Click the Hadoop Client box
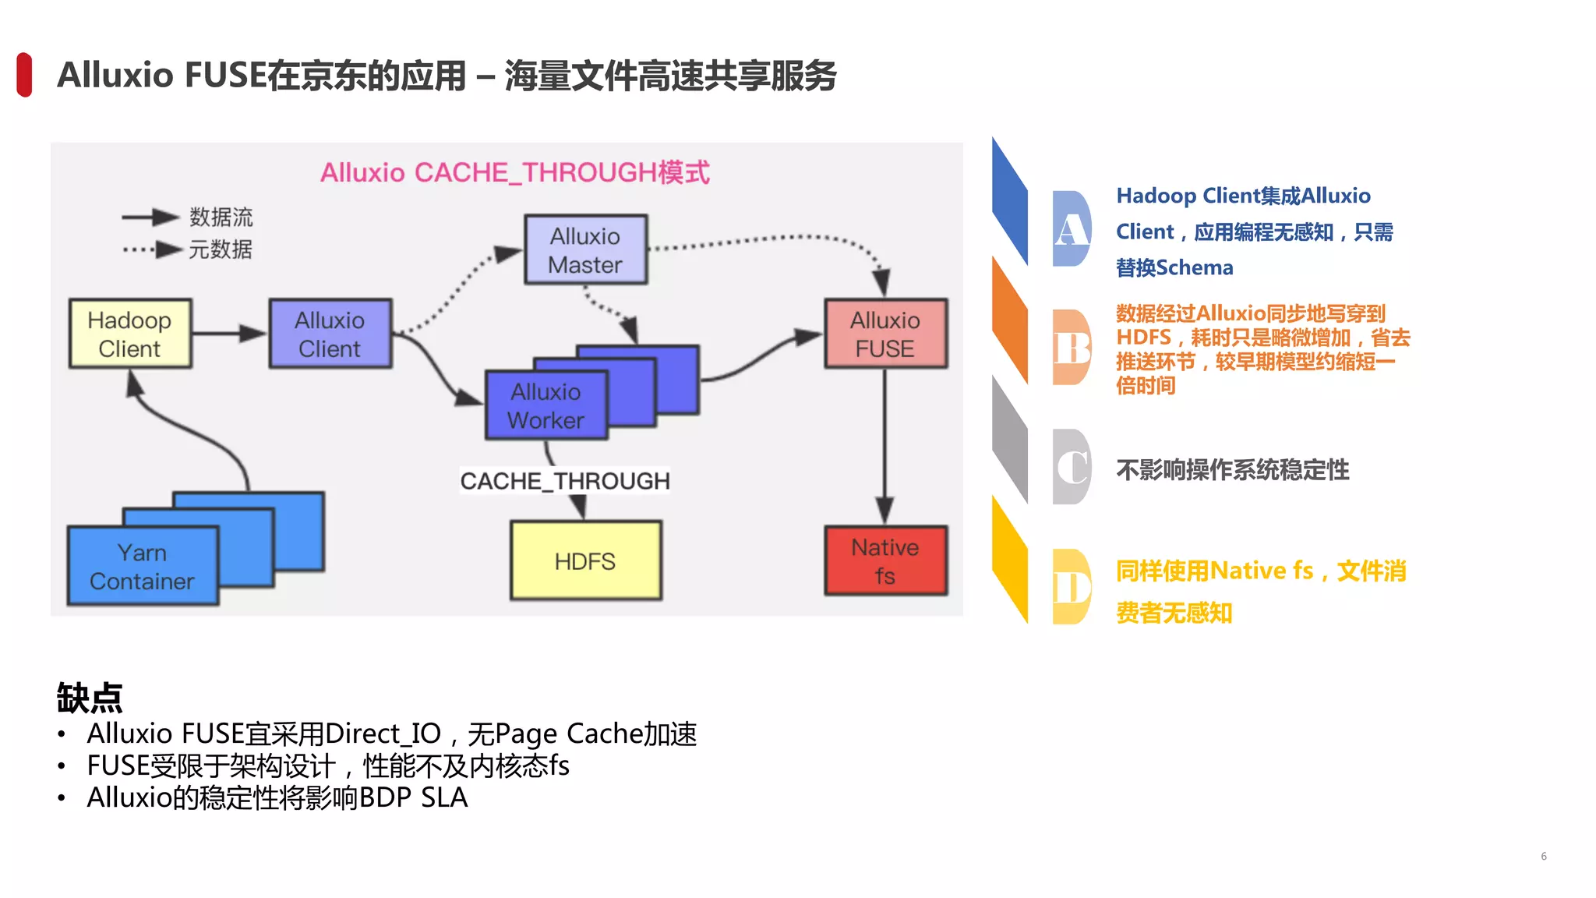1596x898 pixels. (x=130, y=334)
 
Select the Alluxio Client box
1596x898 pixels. (x=330, y=334)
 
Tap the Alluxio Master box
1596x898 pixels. (x=585, y=249)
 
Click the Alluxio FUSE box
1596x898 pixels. (x=885, y=334)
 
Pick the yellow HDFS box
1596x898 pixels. (x=585, y=560)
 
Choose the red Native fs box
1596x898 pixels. (x=885, y=560)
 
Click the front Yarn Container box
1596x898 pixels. (x=142, y=567)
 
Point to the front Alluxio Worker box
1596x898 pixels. (x=546, y=405)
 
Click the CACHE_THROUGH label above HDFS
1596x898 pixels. (x=564, y=481)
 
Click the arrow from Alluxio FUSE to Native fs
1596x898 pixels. (x=885, y=444)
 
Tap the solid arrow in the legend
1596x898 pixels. (x=150, y=217)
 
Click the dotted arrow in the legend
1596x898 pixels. (x=151, y=249)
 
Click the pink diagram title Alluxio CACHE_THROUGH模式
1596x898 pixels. (x=515, y=172)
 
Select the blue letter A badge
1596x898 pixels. (x=1072, y=229)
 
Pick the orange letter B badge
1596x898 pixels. (x=1072, y=348)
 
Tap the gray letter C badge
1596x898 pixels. (x=1072, y=467)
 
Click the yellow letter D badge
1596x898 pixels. (x=1072, y=587)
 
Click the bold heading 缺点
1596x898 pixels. (x=90, y=697)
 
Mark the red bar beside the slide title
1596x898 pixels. (x=24, y=75)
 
